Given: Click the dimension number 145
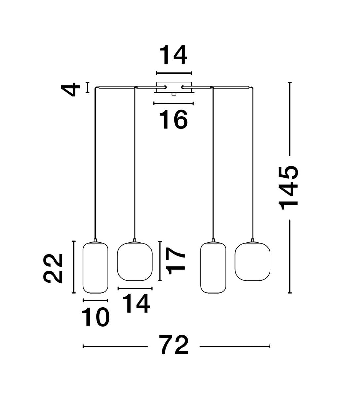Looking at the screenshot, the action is (288, 188).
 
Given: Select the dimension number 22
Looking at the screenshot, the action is (53, 269).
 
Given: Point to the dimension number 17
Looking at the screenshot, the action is (175, 261).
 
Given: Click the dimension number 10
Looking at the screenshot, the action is (95, 317).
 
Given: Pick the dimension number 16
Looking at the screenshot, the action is (173, 120).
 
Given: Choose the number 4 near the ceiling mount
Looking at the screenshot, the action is (70, 90).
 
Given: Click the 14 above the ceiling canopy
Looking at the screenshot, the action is (173, 55).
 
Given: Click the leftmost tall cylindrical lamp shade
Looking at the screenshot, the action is (95, 268).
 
